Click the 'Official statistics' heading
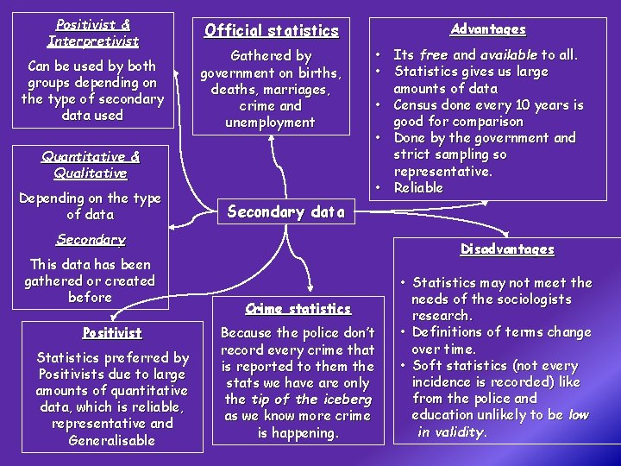pos(271,31)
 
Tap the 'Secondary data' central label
pos(285,211)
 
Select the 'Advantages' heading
pos(488,29)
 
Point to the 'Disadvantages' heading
pos(507,249)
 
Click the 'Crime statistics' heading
pos(298,308)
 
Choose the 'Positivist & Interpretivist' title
pos(92,33)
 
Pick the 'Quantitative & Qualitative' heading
pos(91,165)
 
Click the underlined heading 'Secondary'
pos(91,239)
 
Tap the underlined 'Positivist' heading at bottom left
pos(112,332)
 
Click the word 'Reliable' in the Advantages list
pos(418,187)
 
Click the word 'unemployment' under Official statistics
pos(270,122)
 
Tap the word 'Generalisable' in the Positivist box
pos(113,440)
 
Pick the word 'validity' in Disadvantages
pos(461,431)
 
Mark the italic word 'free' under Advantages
pos(434,55)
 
